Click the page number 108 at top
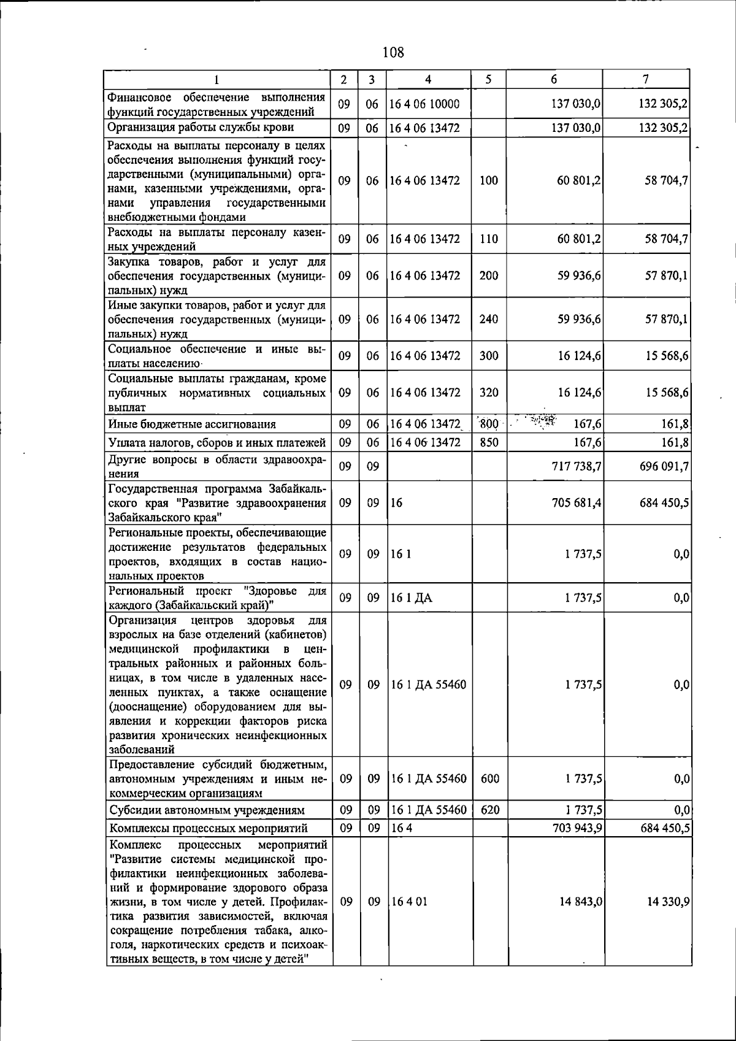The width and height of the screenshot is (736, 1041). pyautogui.click(x=393, y=52)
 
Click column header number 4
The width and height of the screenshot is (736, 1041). pyautogui.click(x=428, y=80)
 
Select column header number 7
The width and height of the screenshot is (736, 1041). pyautogui.click(x=646, y=79)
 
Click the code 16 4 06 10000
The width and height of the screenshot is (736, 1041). pyautogui.click(x=424, y=104)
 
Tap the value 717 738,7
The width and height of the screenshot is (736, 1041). pyautogui.click(x=576, y=467)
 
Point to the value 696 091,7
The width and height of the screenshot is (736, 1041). pyautogui.click(x=664, y=467)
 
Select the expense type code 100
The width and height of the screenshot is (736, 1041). pyautogui.click(x=488, y=180)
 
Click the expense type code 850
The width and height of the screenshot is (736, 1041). pyautogui.click(x=488, y=442)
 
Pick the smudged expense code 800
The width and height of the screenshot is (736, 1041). pyautogui.click(x=488, y=423)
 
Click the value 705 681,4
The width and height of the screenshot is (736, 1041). pyautogui.click(x=577, y=503)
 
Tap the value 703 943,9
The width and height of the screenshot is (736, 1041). pyautogui.click(x=577, y=828)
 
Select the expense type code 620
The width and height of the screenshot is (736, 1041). pyautogui.click(x=489, y=810)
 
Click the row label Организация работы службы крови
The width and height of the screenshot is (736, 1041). pyautogui.click(x=201, y=128)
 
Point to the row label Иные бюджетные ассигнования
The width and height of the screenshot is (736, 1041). pyautogui.click(x=192, y=424)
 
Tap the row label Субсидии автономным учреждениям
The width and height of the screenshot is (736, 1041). pyautogui.click(x=207, y=810)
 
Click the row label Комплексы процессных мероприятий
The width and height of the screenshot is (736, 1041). pyautogui.click(x=208, y=829)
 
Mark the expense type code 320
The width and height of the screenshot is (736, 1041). pyautogui.click(x=488, y=393)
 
